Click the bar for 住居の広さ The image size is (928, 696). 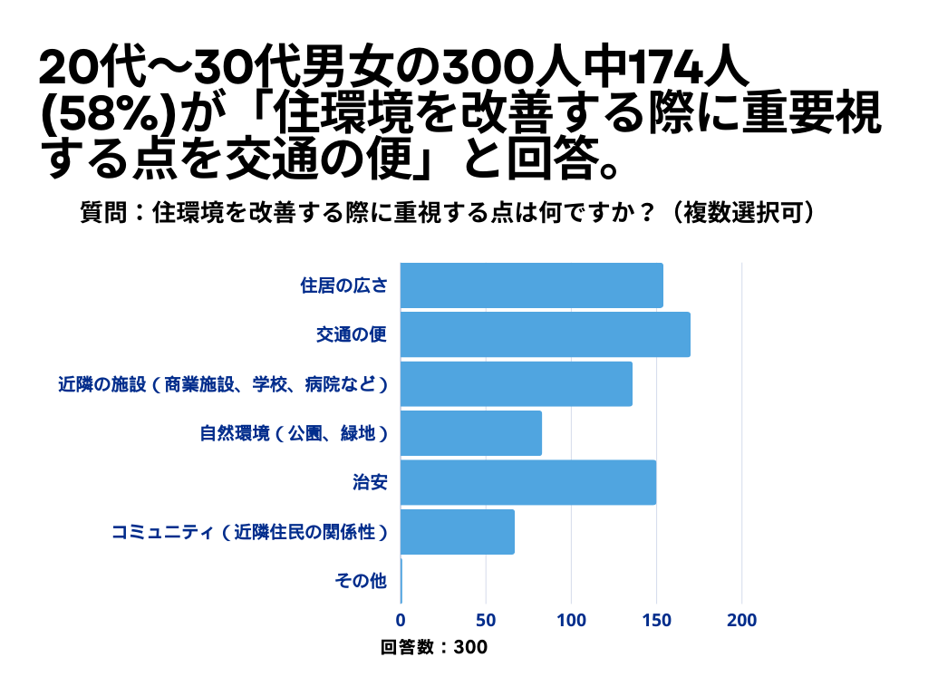pos(531,285)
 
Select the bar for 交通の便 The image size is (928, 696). pos(545,334)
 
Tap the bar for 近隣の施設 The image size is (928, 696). pos(516,384)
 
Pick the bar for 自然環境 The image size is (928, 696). pos(470,433)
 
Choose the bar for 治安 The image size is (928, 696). pos(527,482)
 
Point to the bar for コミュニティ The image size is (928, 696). pos(457,532)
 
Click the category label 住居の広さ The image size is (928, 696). pos(343,286)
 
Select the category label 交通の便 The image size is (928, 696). pos(352,335)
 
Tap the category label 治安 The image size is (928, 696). pos(370,483)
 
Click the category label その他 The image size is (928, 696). pos(361,582)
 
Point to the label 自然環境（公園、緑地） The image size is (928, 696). pos(294,434)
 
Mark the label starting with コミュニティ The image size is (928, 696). pos(249,533)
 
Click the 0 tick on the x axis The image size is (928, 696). pos(401,621)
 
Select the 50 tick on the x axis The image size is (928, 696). pos(486,621)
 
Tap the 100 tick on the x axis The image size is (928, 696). pos(571,621)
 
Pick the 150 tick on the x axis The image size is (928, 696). pos(656,621)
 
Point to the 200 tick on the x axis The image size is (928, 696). pos(742,621)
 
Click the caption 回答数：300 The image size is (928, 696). pos(434,647)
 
